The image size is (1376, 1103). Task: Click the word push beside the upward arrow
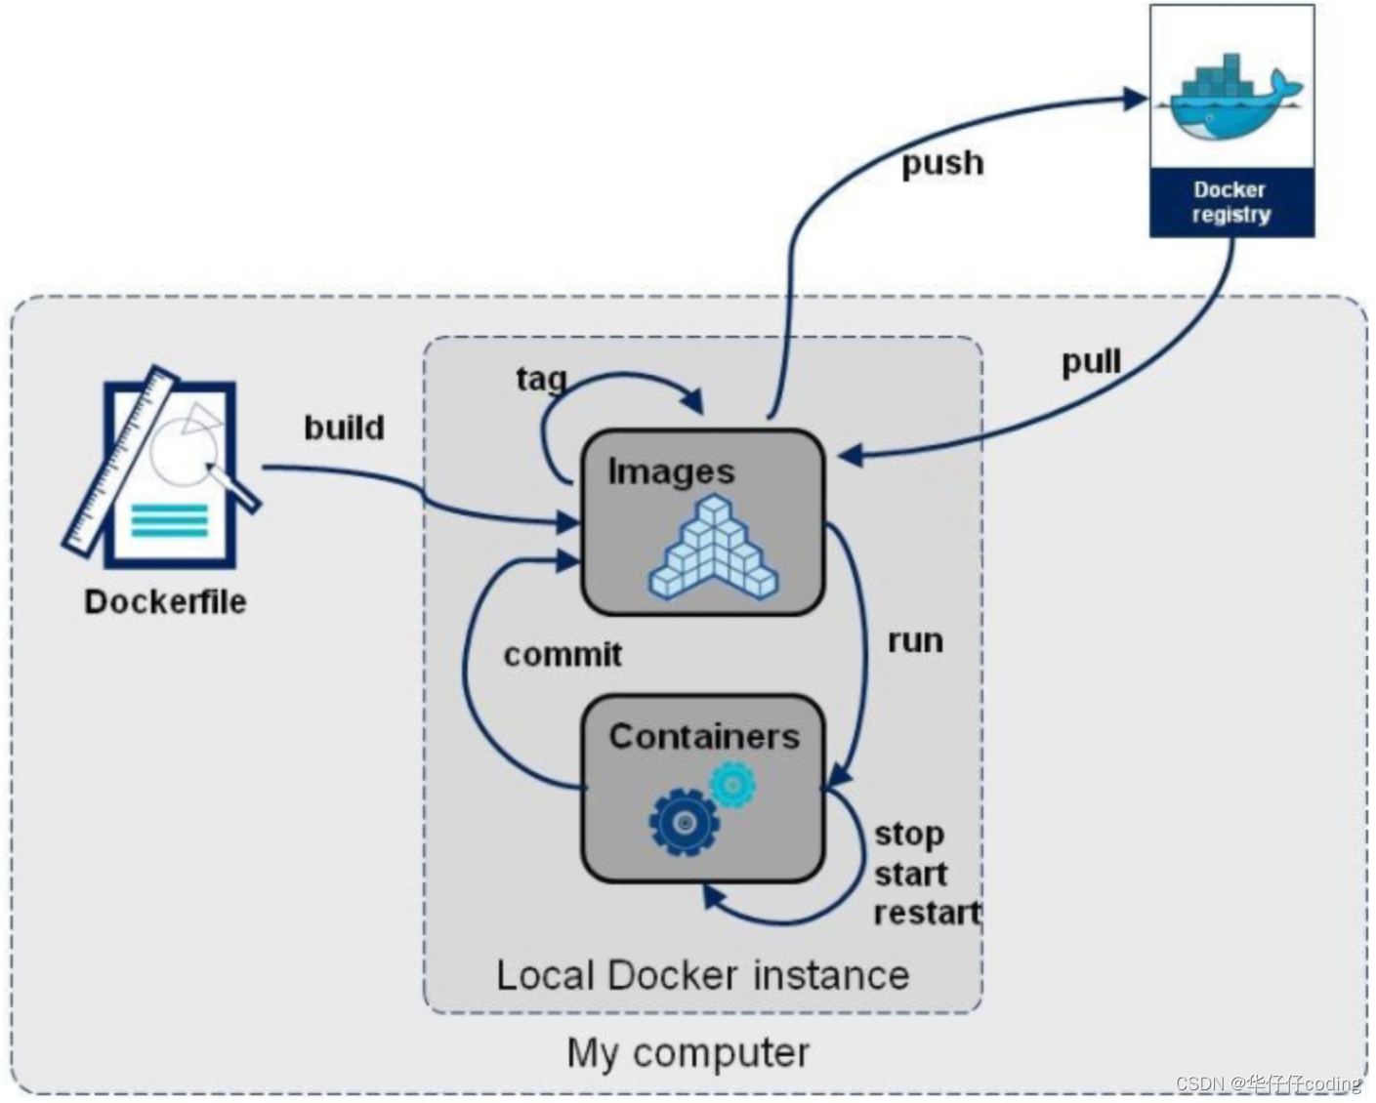click(941, 163)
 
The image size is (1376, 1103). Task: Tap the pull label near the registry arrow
click(1091, 362)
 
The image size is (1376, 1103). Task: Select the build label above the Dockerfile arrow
click(344, 428)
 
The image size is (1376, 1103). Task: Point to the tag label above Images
click(540, 378)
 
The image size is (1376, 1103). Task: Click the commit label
click(563, 654)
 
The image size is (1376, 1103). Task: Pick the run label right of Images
click(915, 641)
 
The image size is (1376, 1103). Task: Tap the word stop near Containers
click(909, 834)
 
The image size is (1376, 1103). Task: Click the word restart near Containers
click(926, 913)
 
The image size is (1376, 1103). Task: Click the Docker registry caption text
click(1230, 202)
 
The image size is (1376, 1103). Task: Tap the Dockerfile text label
click(165, 601)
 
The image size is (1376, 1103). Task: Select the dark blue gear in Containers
click(684, 822)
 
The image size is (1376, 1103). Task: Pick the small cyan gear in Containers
click(732, 784)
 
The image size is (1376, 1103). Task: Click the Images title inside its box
click(671, 471)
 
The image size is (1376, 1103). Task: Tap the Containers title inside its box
click(703, 736)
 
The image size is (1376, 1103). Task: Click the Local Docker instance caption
click(702, 975)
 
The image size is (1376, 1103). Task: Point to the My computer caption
click(688, 1053)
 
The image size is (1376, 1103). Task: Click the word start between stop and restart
click(910, 874)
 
